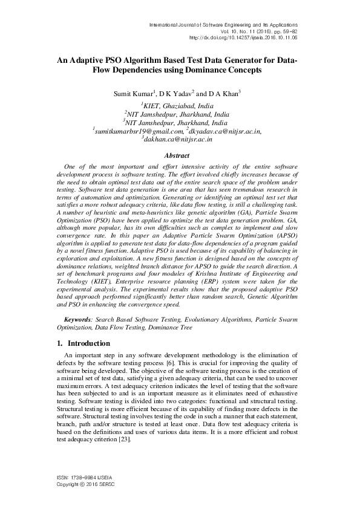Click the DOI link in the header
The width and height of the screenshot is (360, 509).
tap(243, 37)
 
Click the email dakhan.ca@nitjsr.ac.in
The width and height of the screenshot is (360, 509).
tap(178, 139)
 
